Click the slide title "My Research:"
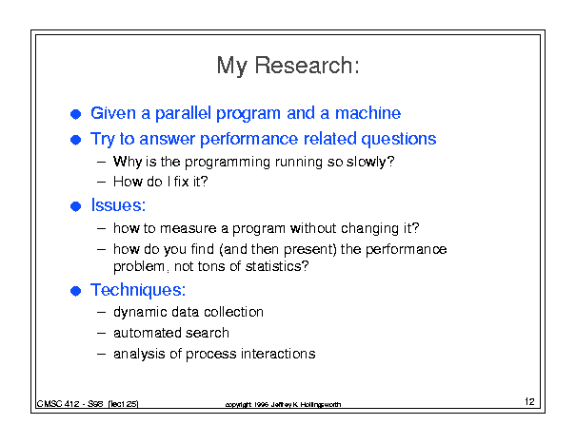pos(288,66)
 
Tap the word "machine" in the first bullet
pos(367,112)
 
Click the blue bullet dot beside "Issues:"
pos(75,206)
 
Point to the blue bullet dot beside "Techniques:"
pos(75,291)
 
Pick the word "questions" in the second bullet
pos(399,140)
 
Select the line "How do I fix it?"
pos(161,182)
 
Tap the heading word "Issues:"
pos(118,204)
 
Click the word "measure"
pos(189,228)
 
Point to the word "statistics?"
pos(277,266)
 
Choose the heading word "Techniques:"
pos(138,290)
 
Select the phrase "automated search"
pos(171,333)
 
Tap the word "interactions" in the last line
pos(278,354)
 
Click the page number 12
pos(529,401)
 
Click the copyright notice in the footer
pos(283,404)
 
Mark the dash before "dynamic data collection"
pos(101,313)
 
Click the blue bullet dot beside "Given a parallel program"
pos(75,114)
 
